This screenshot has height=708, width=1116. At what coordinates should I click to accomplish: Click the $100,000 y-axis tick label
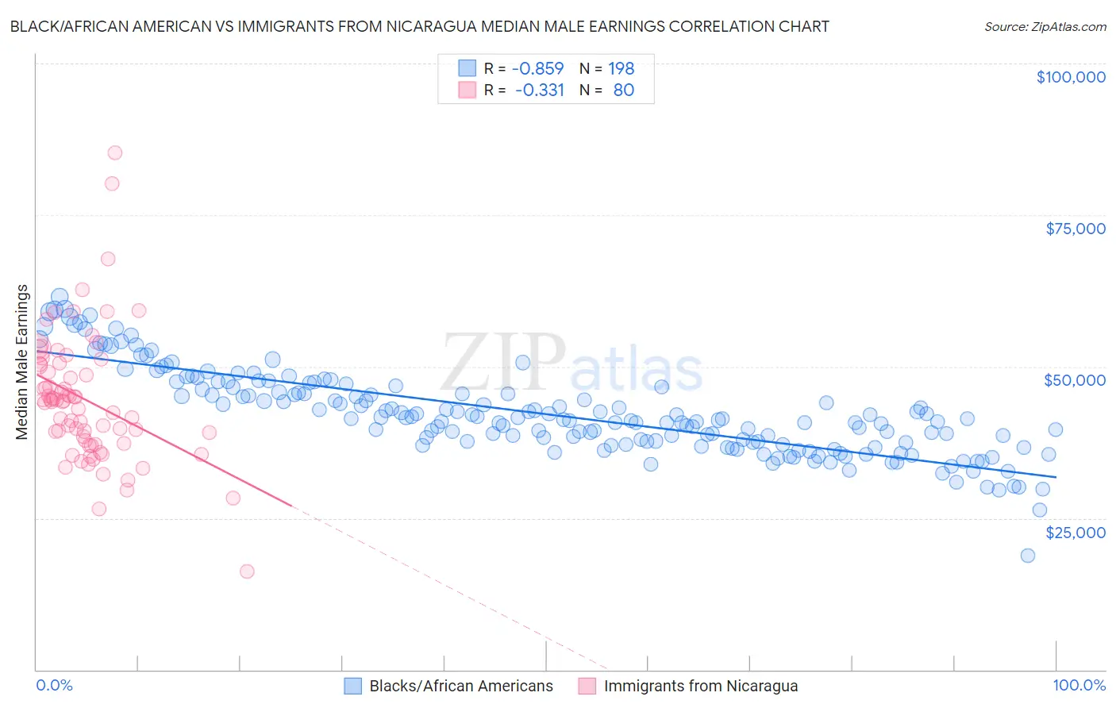point(1071,77)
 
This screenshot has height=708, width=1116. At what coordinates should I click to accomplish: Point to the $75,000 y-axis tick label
point(1076,229)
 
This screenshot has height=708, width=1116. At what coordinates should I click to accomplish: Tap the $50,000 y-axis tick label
point(1074,380)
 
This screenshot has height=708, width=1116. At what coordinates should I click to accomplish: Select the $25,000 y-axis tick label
point(1075,532)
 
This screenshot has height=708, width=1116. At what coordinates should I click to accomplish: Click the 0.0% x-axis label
point(55,685)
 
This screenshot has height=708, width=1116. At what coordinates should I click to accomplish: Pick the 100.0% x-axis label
point(1079,685)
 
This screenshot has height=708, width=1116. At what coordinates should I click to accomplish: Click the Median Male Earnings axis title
point(22,362)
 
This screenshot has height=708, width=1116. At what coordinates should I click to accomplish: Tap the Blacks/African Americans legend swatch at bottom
point(353,686)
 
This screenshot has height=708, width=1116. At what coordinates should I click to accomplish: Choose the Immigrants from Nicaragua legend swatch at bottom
point(587,686)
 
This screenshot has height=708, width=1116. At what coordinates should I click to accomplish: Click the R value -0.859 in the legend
point(537,68)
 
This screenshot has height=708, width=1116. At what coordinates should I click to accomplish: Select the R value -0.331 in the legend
point(539,90)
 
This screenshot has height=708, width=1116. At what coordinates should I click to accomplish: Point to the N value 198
point(621,68)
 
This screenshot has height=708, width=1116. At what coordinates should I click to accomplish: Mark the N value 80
point(623,90)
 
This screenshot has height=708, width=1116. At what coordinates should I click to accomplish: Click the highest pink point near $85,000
point(115,153)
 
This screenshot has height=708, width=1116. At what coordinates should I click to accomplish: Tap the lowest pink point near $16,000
point(247,571)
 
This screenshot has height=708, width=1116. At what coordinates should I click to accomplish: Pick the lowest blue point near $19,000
point(1028,556)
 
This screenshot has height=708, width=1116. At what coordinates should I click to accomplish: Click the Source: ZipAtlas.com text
point(1045,26)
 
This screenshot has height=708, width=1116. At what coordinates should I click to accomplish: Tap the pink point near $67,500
point(108,259)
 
